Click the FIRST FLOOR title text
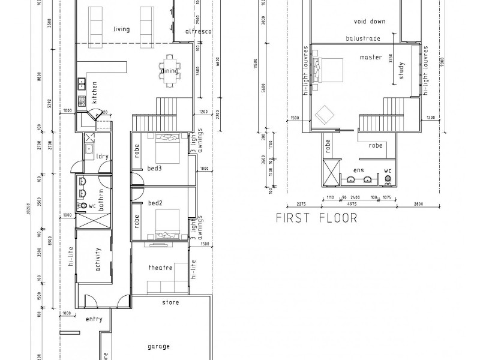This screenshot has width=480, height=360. pos(316,217)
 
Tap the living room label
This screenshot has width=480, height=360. pos(122,29)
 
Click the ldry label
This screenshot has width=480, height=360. pos(103,157)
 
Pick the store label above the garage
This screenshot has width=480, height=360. pos(170,302)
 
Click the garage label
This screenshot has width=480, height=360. pos(158,346)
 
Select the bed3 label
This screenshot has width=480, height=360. pos(155,169)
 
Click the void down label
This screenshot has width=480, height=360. pos(369,21)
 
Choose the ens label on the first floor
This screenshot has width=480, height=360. pos(360,170)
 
